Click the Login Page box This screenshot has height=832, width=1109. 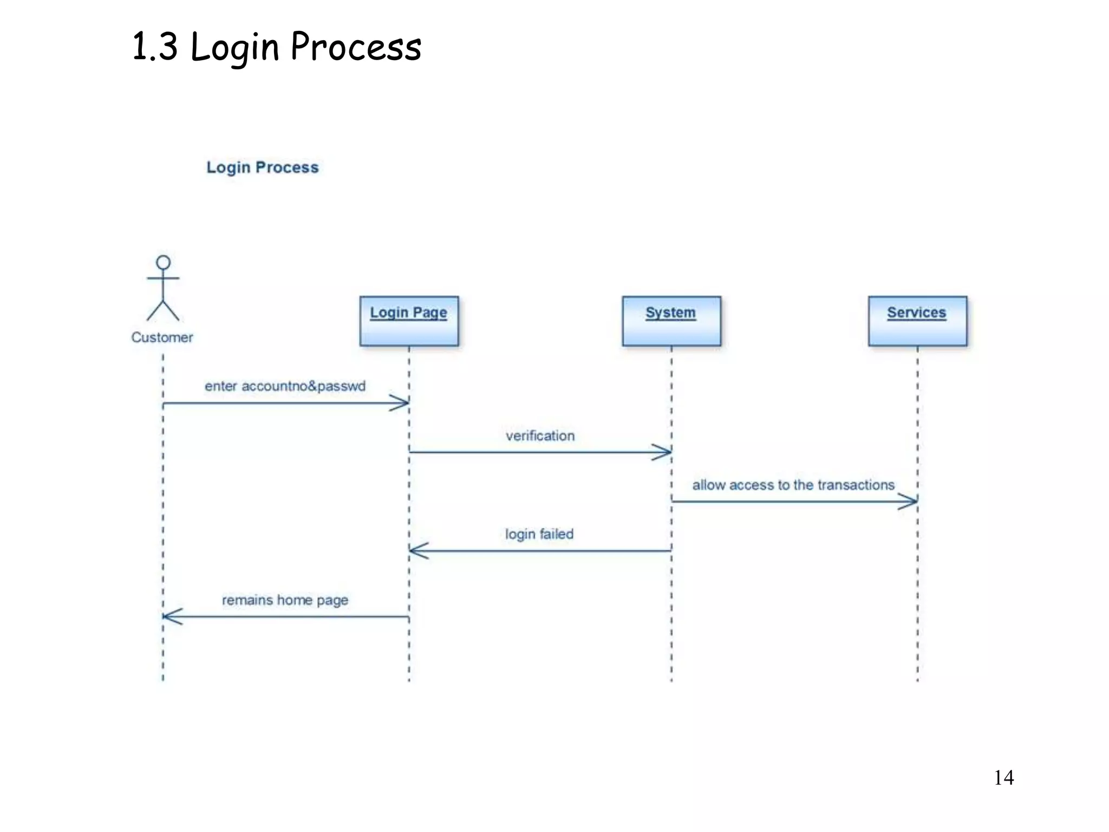409,321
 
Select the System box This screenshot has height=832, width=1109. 671,321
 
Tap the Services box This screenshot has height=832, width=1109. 917,321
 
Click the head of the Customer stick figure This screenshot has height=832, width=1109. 163,263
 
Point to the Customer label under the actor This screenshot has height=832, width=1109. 162,337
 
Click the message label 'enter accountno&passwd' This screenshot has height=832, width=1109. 285,386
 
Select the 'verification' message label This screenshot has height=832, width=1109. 540,435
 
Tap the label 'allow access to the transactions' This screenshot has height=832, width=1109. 793,485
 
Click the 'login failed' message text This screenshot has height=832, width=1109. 539,534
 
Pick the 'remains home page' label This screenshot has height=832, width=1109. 285,600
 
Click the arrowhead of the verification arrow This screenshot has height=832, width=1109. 663,452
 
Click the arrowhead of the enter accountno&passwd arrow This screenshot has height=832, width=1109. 400,403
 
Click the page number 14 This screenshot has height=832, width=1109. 1003,778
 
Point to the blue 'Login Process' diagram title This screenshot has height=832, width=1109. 263,167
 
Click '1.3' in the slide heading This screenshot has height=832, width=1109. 155,47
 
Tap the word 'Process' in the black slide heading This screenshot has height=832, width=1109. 356,47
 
